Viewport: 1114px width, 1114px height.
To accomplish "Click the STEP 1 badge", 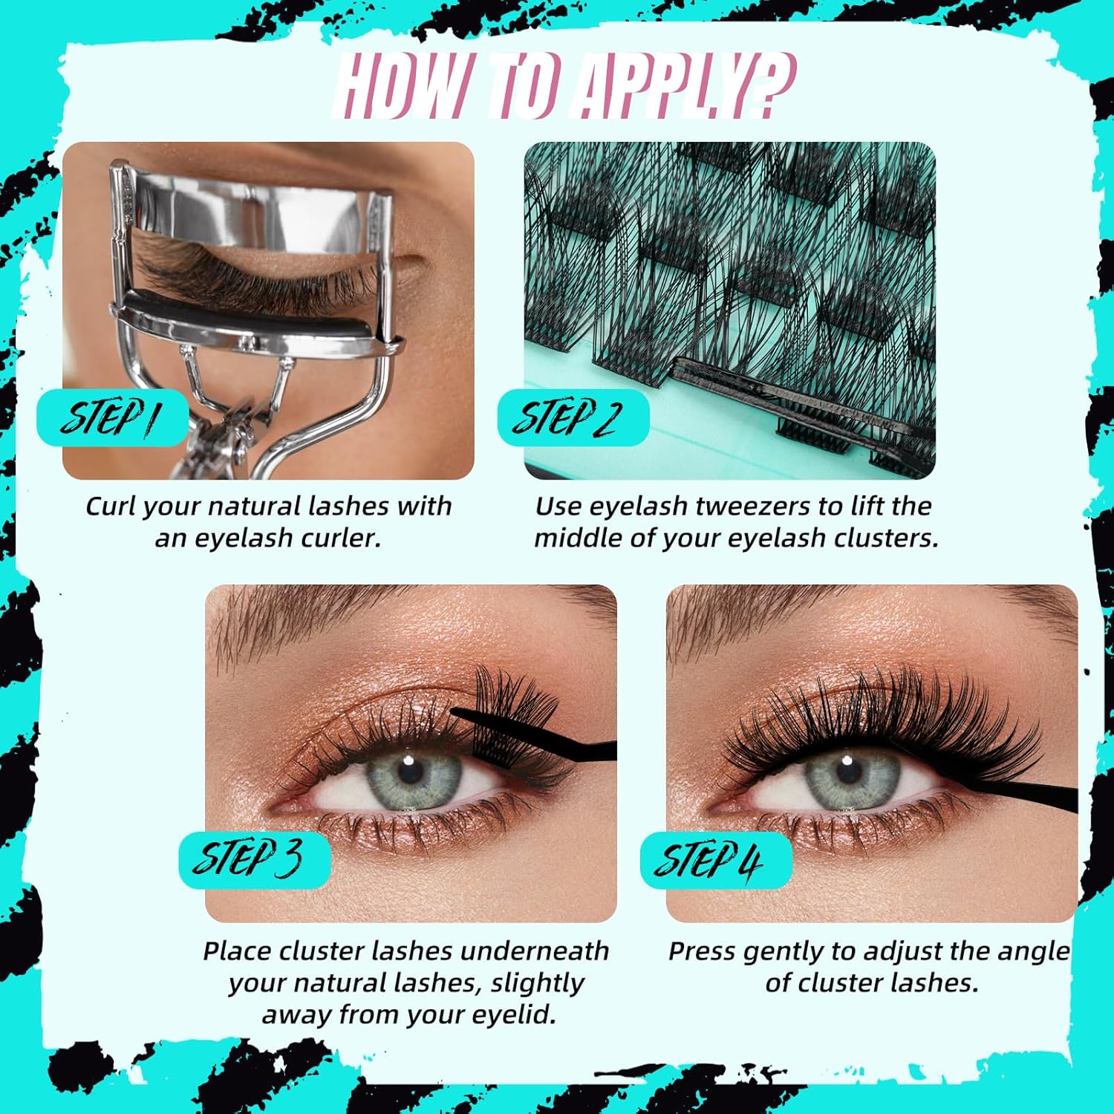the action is coord(112,417).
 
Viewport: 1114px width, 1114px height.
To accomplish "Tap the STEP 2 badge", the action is coord(573,417).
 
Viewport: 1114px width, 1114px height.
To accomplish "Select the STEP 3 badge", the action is coord(254,860).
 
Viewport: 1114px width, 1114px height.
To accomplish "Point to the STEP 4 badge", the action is coord(716,860).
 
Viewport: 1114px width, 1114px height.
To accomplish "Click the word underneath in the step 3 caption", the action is coord(534,951).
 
